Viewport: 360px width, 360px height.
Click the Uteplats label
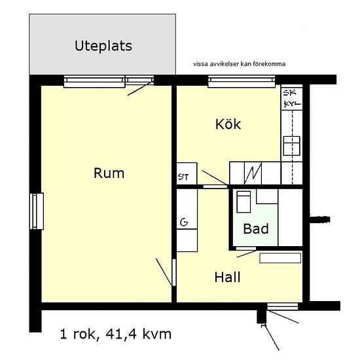pos(103,46)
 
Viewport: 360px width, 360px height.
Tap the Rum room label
pos(109,173)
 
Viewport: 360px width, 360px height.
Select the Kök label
pos(228,124)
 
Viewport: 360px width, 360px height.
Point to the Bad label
pos(256,228)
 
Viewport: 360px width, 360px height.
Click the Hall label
pos(227,277)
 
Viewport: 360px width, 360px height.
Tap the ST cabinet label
pos(183,177)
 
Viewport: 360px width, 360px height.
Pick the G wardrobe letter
pos(184,222)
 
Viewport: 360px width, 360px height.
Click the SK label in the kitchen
pos(290,92)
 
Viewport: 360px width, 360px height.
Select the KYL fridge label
pos(293,104)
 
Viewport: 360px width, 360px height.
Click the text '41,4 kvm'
pos(139,334)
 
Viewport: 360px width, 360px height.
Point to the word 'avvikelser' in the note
pos(225,64)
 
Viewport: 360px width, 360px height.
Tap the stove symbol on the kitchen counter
pos(291,146)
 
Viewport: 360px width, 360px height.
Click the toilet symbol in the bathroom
pos(243,202)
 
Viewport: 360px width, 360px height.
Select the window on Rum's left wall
pos(37,211)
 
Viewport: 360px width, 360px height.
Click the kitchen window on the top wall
pos(242,81)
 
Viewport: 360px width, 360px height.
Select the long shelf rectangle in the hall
pos(280,258)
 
